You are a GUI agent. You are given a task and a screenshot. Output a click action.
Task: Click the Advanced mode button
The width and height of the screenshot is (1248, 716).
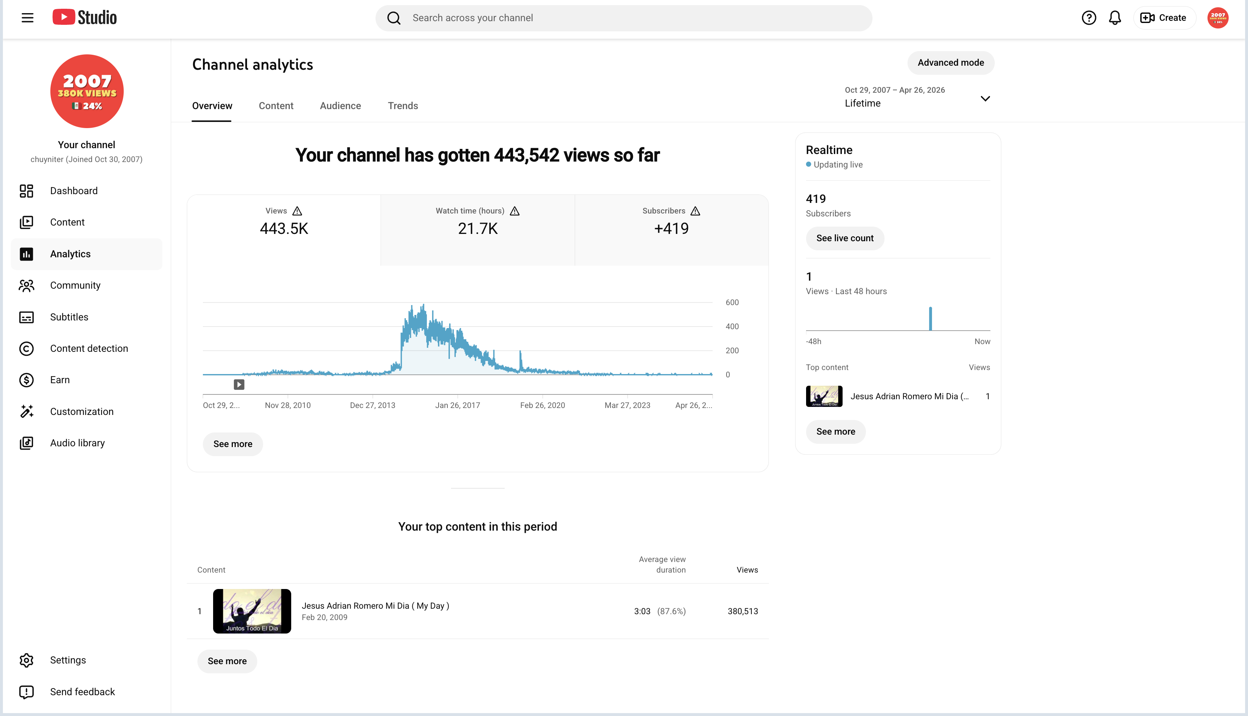[x=951, y=63]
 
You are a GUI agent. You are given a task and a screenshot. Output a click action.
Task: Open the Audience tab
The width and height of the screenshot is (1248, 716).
[x=340, y=106]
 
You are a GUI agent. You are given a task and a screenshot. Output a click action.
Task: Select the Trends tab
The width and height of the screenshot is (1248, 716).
[x=403, y=106]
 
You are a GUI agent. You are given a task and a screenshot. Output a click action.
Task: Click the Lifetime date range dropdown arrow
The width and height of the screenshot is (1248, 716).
[x=985, y=99]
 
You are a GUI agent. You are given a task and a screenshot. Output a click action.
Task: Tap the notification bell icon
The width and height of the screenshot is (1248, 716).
[x=1115, y=18]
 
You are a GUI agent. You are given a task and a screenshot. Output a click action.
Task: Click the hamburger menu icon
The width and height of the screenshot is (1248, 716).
[x=27, y=18]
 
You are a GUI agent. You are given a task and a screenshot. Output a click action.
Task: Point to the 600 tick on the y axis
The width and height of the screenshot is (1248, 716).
[x=732, y=303]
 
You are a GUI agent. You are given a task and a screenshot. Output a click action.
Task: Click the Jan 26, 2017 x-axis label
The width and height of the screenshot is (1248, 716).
[x=457, y=405]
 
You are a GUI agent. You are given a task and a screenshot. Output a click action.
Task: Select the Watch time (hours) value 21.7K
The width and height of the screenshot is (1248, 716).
[x=477, y=229]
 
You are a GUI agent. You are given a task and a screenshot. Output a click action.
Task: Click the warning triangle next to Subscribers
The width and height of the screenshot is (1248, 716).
[x=695, y=211]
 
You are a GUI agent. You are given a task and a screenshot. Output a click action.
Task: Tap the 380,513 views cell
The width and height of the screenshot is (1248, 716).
[x=743, y=611]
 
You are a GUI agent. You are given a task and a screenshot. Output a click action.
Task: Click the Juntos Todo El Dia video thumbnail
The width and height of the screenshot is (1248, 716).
[x=252, y=611]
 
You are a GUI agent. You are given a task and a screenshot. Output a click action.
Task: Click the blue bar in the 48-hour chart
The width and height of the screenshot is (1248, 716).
[x=930, y=319]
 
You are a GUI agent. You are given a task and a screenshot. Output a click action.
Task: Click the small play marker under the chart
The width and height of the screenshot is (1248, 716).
[x=239, y=385]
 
